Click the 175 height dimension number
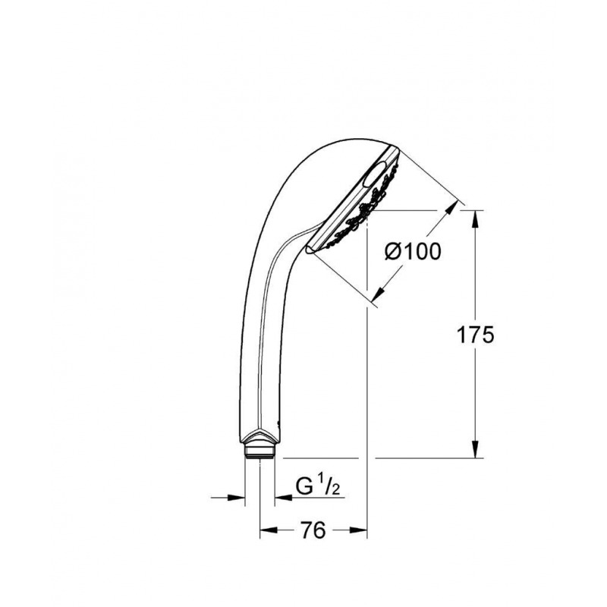pos(476,335)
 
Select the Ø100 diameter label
pos(412,251)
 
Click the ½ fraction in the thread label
pos(327,486)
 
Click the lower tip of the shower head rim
pos(311,248)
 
